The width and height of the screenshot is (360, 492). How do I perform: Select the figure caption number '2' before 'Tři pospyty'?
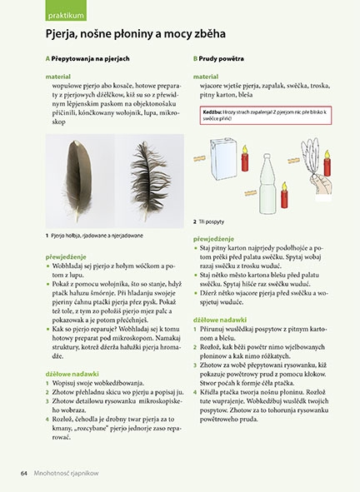[194, 222]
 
